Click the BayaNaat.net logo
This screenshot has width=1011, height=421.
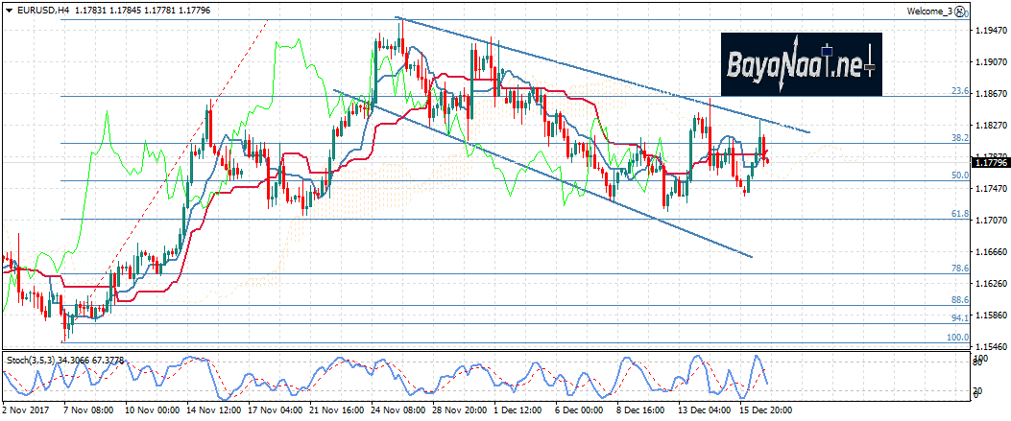[800, 64]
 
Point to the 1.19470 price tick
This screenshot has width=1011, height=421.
[990, 31]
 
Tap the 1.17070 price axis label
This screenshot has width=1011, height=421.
[990, 221]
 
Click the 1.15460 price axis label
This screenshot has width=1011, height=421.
[990, 347]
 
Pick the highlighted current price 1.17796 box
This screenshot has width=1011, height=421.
[990, 163]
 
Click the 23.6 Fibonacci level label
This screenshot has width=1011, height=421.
[958, 91]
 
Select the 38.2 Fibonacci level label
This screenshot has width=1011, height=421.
[958, 138]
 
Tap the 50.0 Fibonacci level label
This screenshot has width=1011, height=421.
[958, 176]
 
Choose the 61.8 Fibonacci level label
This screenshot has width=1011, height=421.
[958, 215]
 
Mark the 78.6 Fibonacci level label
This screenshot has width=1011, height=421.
[958, 269]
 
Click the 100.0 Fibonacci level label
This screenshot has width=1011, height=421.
[957, 338]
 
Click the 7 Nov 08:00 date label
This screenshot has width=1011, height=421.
[89, 410]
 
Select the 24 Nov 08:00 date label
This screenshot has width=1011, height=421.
[400, 410]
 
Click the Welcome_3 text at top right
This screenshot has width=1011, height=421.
[930, 12]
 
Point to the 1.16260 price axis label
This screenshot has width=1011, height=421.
[990, 284]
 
